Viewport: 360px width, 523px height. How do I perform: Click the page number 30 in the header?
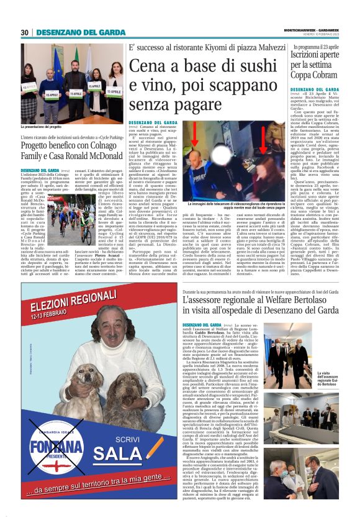[x=25, y=33]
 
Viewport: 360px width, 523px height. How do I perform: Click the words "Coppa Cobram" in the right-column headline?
[x=318, y=83]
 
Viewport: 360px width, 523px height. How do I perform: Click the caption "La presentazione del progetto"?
[x=48, y=127]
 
